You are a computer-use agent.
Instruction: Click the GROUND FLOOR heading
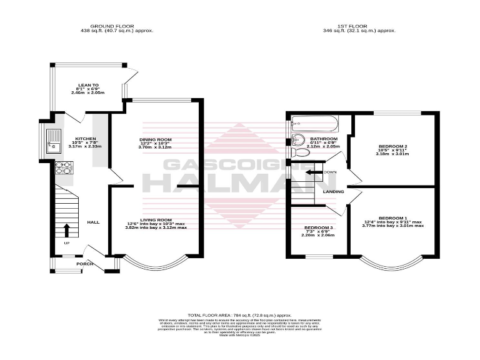(x=117, y=26)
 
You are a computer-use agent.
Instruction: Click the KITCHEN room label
(x=85, y=139)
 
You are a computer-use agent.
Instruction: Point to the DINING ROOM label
(x=156, y=139)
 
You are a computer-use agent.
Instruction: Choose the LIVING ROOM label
(x=156, y=220)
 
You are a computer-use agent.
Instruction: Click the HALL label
(x=93, y=222)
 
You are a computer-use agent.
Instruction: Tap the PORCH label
(x=85, y=264)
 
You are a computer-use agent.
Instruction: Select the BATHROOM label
(x=324, y=139)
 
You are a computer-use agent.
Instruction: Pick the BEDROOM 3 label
(x=319, y=227)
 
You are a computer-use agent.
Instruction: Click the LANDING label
(x=332, y=192)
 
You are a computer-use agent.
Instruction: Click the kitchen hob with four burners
(x=64, y=167)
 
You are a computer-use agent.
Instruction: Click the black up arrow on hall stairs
(x=67, y=229)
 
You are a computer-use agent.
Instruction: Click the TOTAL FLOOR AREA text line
(x=240, y=315)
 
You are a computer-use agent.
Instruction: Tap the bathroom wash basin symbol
(x=298, y=139)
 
